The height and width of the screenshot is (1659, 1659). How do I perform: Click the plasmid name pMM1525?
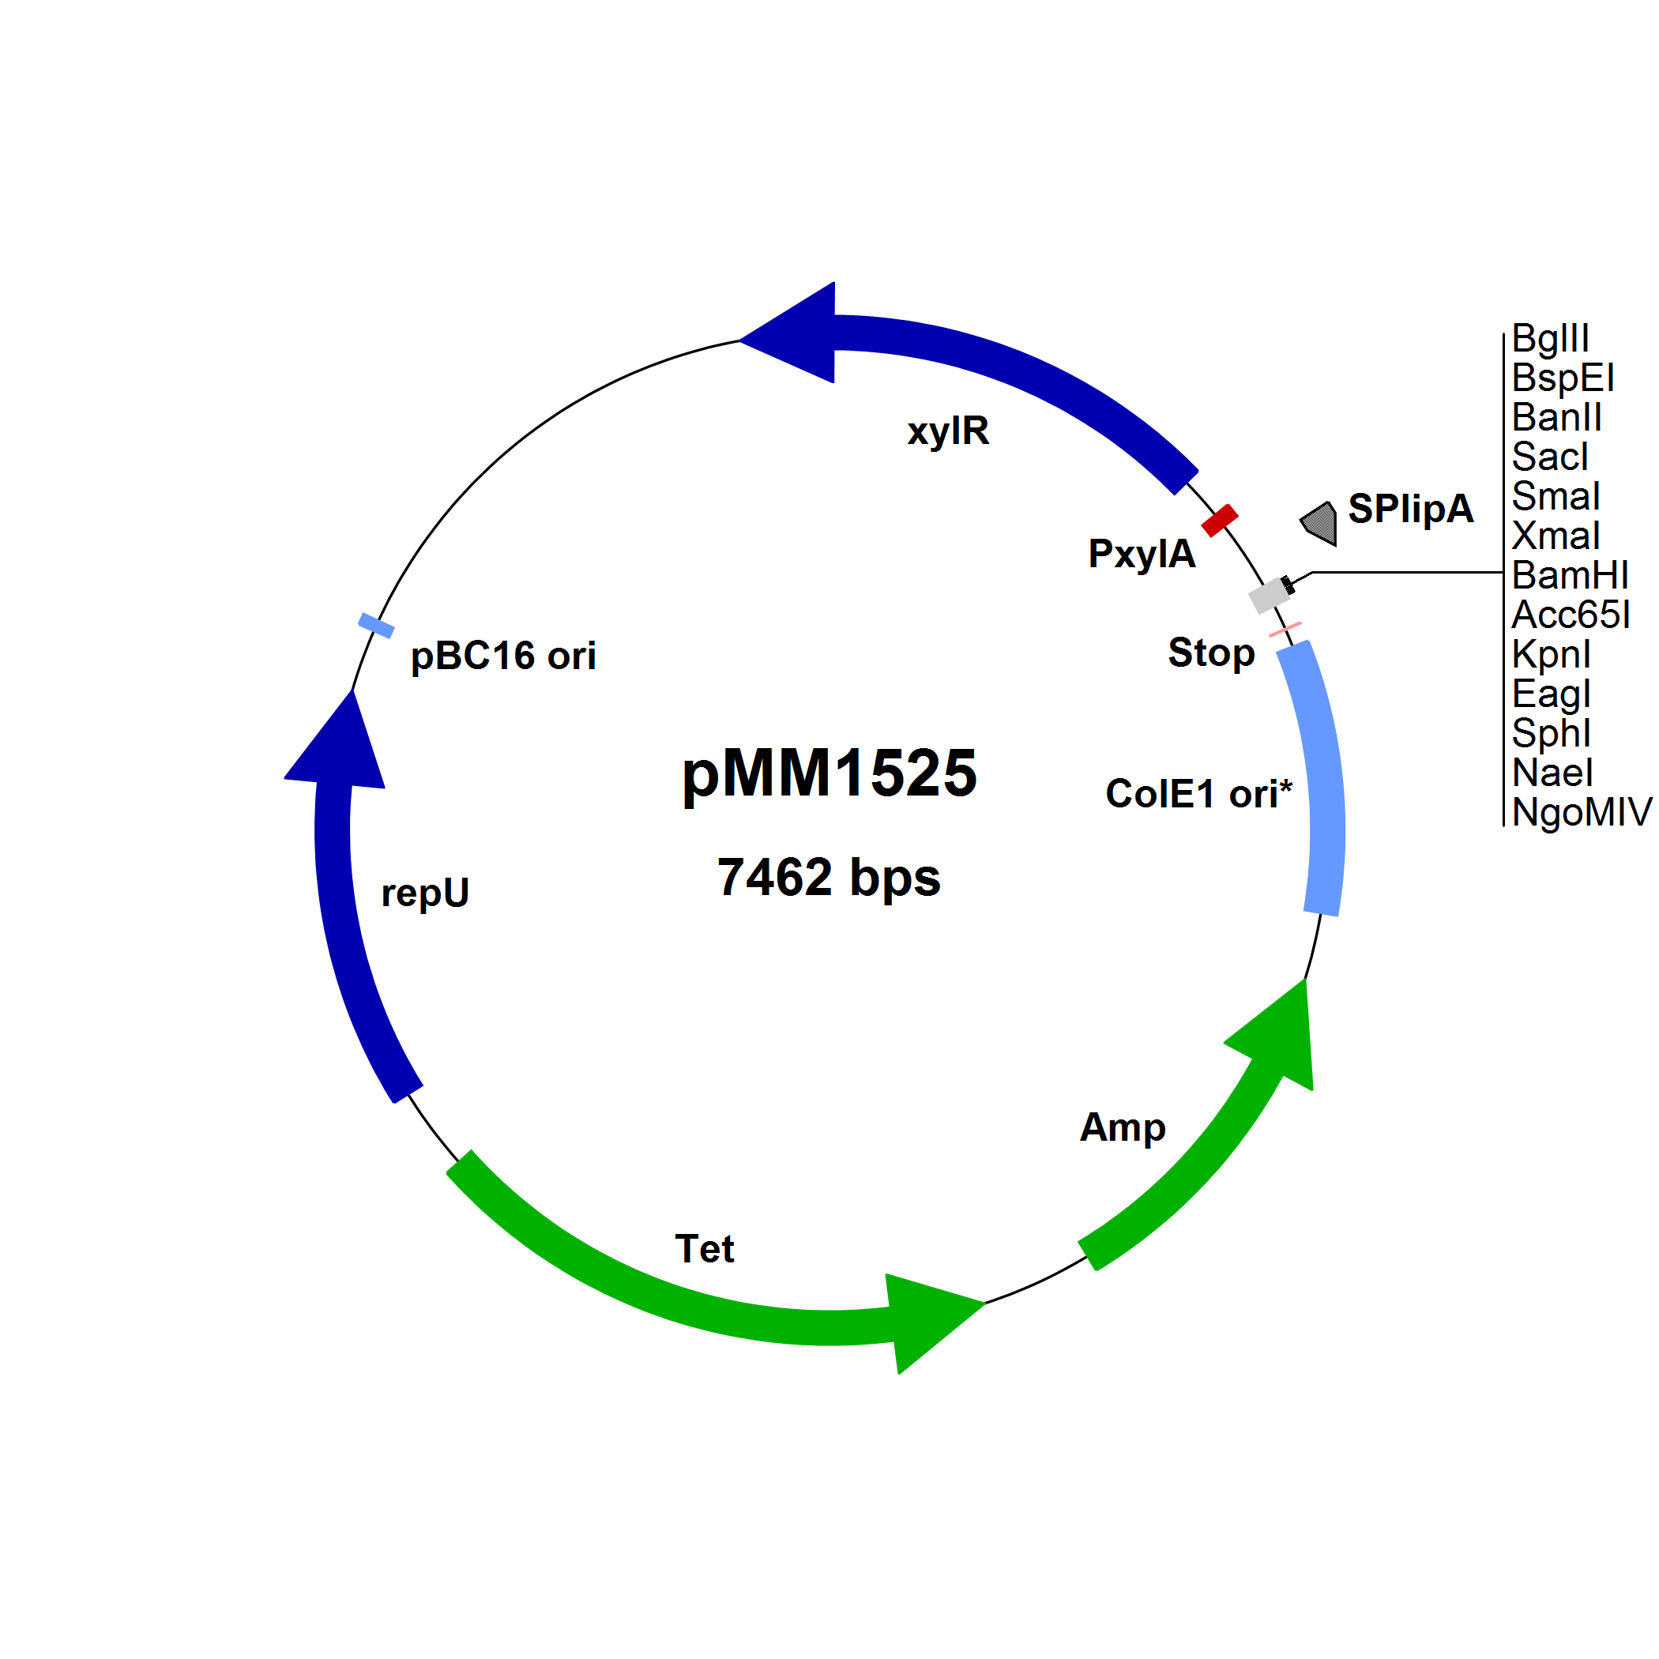pyautogui.click(x=829, y=773)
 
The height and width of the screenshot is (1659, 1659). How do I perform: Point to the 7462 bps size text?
pyautogui.click(x=829, y=878)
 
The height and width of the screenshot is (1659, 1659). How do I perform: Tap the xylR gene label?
pyautogui.click(x=948, y=431)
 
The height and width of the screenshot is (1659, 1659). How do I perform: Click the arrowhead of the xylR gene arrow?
pyautogui.click(x=794, y=334)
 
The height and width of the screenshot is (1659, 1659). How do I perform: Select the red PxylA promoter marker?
pyautogui.click(x=1219, y=521)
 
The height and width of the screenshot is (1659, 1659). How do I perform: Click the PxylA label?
pyautogui.click(x=1142, y=554)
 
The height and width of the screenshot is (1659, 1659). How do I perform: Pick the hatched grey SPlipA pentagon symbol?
pyautogui.click(x=1321, y=523)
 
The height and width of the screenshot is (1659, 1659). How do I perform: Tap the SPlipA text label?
pyautogui.click(x=1410, y=508)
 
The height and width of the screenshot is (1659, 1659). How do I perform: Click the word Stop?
pyautogui.click(x=1211, y=653)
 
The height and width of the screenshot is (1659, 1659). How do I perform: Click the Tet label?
pyautogui.click(x=704, y=1248)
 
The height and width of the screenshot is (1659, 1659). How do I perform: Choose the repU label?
pyautogui.click(x=425, y=893)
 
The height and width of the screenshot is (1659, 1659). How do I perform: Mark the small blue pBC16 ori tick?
pyautogui.click(x=376, y=625)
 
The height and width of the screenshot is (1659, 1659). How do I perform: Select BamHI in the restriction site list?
pyautogui.click(x=1570, y=575)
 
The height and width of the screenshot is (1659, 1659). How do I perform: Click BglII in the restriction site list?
pyautogui.click(x=1550, y=338)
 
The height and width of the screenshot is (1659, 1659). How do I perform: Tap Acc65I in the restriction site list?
pyautogui.click(x=1571, y=615)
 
